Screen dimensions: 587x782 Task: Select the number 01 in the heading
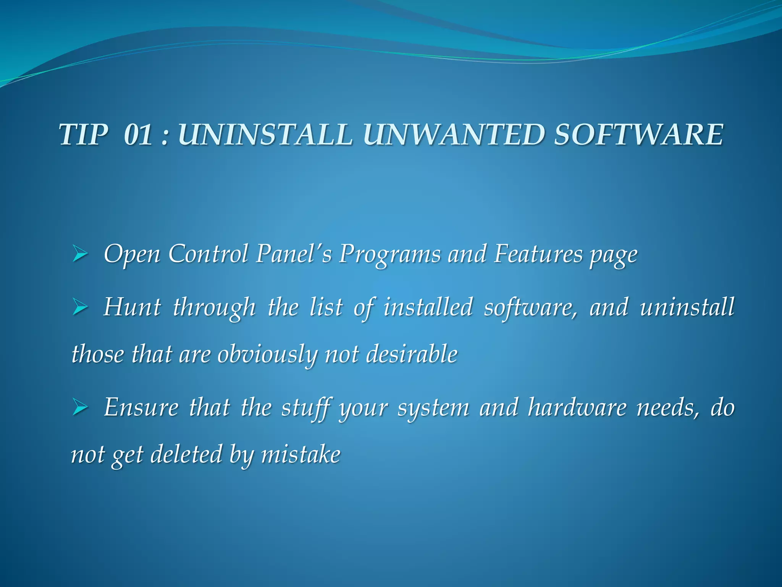click(x=138, y=135)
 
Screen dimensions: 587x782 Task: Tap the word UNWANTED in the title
click(x=454, y=135)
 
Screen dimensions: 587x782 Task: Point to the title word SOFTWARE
click(x=638, y=135)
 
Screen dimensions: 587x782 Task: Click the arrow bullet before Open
click(x=80, y=255)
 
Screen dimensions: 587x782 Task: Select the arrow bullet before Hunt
click(x=80, y=308)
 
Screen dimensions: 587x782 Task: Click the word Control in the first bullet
click(x=208, y=254)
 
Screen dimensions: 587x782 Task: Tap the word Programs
click(x=389, y=255)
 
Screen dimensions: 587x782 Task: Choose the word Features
click(x=538, y=254)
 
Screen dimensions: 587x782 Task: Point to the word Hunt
click(x=132, y=307)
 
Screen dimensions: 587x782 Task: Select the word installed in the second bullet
click(x=428, y=307)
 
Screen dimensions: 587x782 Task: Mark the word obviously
click(x=267, y=355)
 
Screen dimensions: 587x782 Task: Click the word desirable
click(x=412, y=354)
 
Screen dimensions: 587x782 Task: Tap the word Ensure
click(x=141, y=407)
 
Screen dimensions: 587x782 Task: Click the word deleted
click(x=186, y=454)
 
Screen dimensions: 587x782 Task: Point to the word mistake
click(x=301, y=454)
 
